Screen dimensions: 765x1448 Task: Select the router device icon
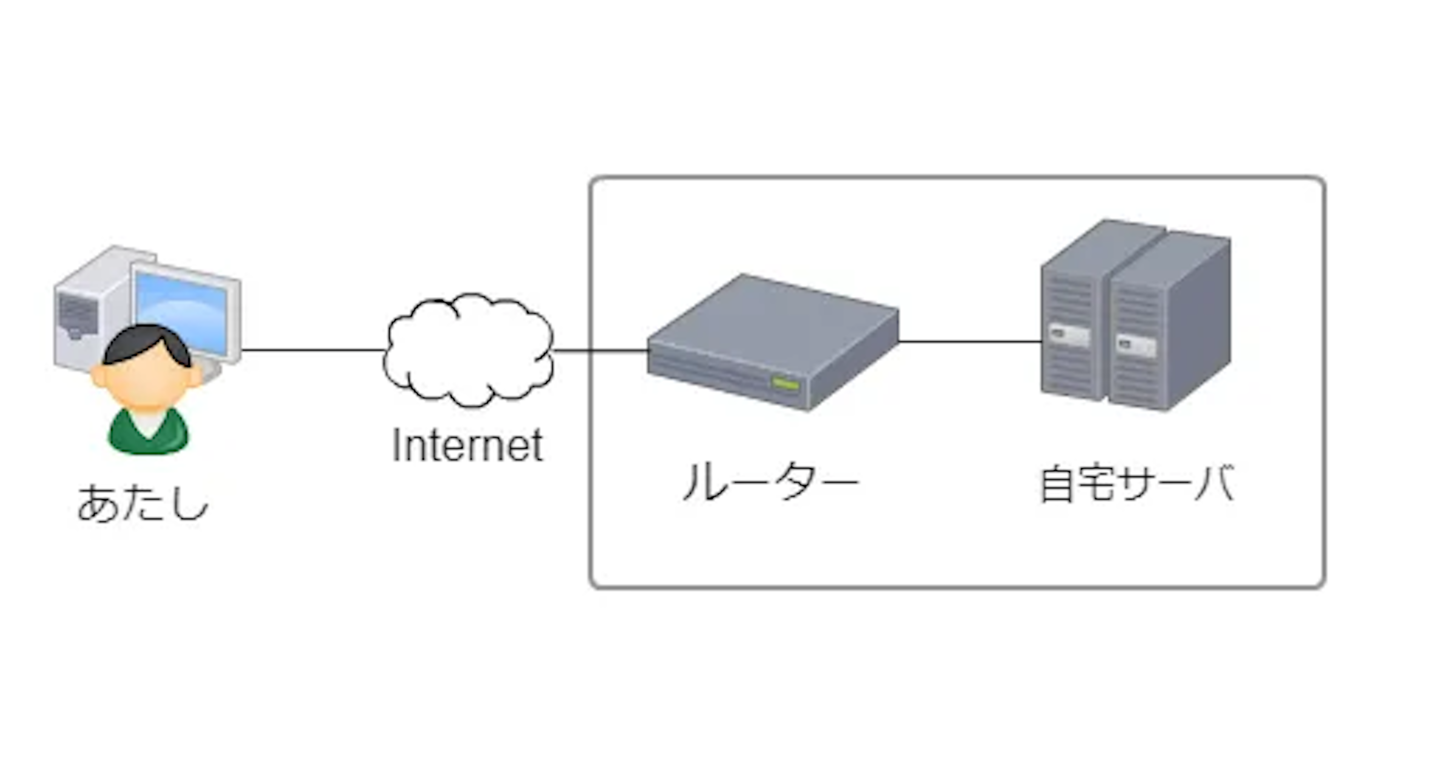[773, 343]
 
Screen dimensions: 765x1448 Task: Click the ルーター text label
[770, 482]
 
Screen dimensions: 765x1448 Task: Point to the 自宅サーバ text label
[1137, 484]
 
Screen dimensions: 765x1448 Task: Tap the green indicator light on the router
[785, 384]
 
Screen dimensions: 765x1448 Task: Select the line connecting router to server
[969, 341]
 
